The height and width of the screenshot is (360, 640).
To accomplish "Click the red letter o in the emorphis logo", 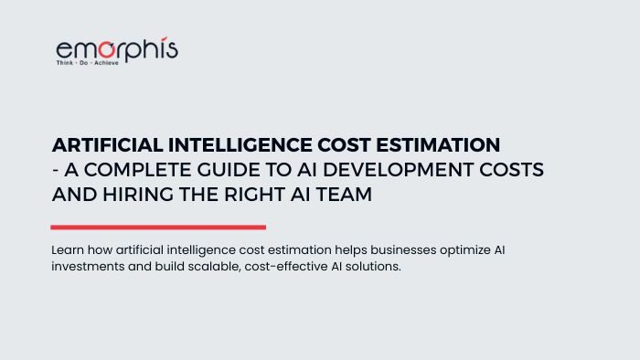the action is coord(107,49).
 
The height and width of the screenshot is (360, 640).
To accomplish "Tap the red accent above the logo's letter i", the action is coord(164,38).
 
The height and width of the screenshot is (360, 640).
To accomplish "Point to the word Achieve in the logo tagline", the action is coord(106,63).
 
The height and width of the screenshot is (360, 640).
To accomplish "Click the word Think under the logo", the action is coord(65,63).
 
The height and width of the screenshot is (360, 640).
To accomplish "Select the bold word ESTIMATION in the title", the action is coord(438,145).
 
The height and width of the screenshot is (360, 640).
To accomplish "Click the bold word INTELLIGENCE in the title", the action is coord(240,145).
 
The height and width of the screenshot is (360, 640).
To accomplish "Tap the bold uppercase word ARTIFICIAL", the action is coord(107,145).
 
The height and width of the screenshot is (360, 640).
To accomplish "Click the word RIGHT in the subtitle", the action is coord(255,194).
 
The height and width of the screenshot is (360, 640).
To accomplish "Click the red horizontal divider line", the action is coord(158,228).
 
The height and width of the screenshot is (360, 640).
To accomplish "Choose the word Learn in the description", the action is coord(68,250).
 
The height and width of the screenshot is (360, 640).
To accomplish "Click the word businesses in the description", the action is coord(403,250).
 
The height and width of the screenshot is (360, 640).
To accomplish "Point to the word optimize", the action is coord(465,250).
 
